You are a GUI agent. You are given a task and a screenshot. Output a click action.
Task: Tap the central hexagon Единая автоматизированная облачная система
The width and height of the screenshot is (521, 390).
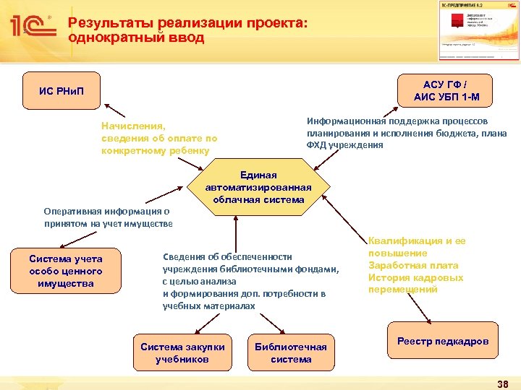[x=258, y=186]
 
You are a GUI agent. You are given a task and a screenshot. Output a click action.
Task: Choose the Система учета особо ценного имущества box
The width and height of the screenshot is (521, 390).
[x=66, y=271]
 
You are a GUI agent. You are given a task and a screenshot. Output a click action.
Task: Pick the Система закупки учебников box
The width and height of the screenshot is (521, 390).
[x=182, y=352]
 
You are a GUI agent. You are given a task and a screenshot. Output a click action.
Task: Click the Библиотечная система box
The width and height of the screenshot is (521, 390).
[x=291, y=352]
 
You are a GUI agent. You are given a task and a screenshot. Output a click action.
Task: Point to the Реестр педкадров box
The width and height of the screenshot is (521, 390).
[x=443, y=341]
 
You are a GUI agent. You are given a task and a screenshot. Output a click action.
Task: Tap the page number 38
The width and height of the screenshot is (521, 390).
[x=503, y=383]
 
